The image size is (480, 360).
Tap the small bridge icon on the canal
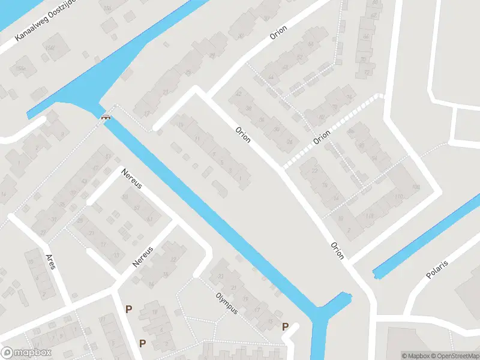pyautogui.click(x=106, y=117)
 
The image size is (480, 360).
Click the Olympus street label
pyautogui.click(x=227, y=303)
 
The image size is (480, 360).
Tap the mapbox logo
pyautogui.click(x=26, y=353)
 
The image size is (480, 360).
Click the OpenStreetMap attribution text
pyautogui.click(x=455, y=356)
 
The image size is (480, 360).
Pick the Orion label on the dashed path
pyautogui.click(x=322, y=137)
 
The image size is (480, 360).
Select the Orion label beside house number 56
pyautogui.click(x=278, y=32)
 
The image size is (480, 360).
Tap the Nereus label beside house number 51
pyautogui.click(x=131, y=178)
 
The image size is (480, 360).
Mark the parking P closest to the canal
pyautogui.click(x=286, y=326)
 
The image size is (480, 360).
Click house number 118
pyautogui.click(x=370, y=215)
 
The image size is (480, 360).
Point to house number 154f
pyautogui.click(x=22, y=68)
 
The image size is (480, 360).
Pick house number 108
pyautogui.click(x=416, y=187)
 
